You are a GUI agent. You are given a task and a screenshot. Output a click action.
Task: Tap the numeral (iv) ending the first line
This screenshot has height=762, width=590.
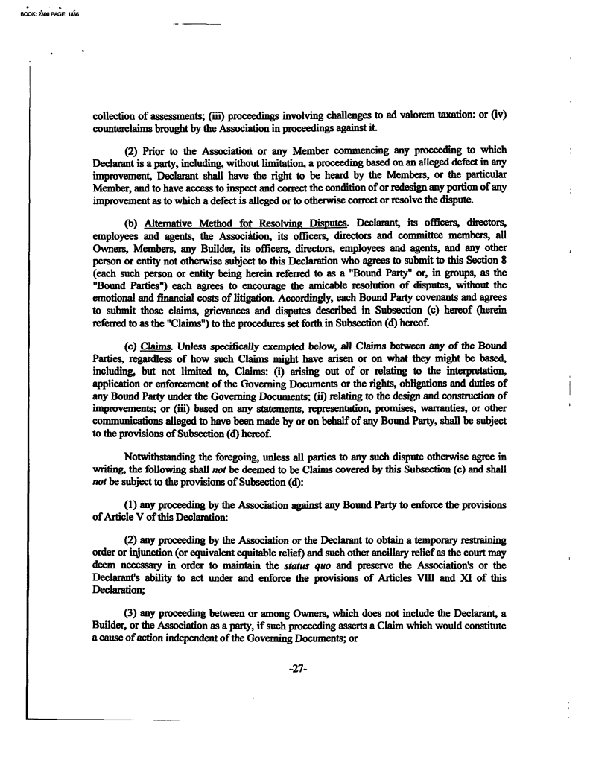pyautogui.click(x=498, y=117)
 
